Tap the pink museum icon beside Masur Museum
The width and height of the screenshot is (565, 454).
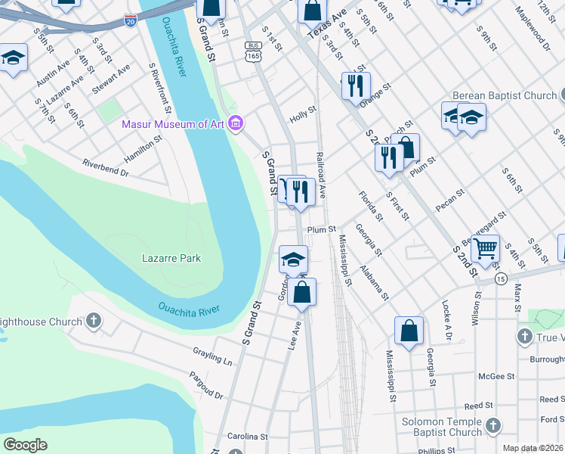(x=236, y=123)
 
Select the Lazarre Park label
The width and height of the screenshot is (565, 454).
(x=171, y=258)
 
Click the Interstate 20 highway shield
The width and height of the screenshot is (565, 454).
(x=131, y=20)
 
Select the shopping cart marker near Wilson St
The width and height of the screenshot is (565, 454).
(x=486, y=247)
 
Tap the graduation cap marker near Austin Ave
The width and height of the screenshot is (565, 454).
(x=12, y=58)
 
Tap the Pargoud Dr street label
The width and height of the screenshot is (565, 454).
(x=206, y=385)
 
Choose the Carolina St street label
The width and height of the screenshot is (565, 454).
(x=248, y=437)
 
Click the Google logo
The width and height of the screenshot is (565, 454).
(x=25, y=445)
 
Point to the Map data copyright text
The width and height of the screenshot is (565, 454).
(x=533, y=449)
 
